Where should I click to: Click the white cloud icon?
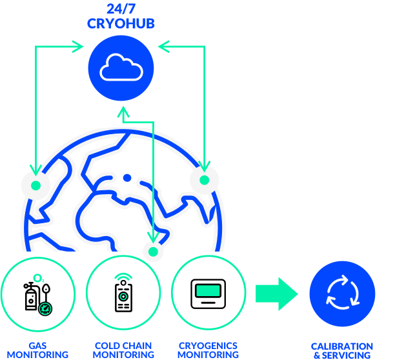coord(121,66)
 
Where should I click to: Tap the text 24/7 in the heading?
coord(121,9)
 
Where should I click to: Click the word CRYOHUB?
coord(121,23)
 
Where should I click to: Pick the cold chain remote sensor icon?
coord(122,297)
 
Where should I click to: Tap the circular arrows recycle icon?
coord(341,294)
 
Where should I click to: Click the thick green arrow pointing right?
coord(276,294)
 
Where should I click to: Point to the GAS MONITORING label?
coord(37,350)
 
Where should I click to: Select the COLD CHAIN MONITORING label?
coord(123,350)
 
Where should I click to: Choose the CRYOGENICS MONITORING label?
coord(208,350)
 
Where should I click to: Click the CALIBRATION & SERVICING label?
coord(342,351)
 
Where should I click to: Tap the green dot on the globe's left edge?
coord(36,185)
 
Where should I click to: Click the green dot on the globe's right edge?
coord(205,179)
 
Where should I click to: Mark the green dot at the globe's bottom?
coord(153,251)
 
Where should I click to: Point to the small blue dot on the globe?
coord(127,177)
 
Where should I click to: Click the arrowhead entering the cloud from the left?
coord(80,46)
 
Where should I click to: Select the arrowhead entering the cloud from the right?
coord(161,46)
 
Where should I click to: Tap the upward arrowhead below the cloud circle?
coord(121,112)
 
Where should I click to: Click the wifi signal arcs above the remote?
coord(122,278)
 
